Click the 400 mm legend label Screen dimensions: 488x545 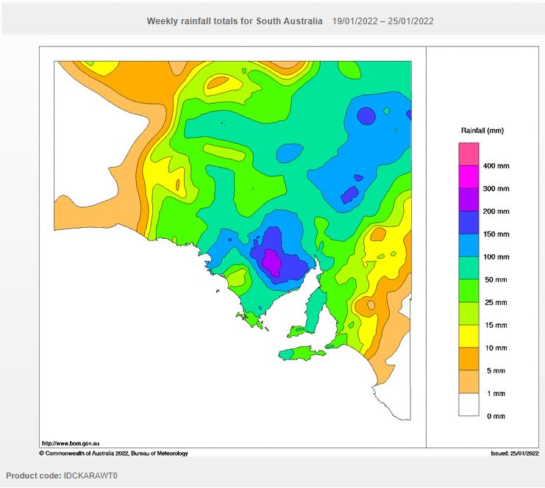click(495, 166)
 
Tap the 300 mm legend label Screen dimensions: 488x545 click(495, 189)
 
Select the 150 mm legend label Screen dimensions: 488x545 click(495, 234)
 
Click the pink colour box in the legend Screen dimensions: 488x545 click(469, 154)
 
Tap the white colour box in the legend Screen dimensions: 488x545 click(469, 405)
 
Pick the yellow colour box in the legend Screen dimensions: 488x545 click(469, 337)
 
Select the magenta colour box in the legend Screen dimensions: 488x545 click(469, 177)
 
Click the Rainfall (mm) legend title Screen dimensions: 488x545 click(482, 131)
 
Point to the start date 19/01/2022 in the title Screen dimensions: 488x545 click(355, 21)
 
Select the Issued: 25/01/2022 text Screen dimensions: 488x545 click(515, 453)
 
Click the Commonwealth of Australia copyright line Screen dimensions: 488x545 click(113, 453)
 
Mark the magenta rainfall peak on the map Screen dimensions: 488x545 click(272, 262)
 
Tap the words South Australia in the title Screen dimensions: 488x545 click(289, 21)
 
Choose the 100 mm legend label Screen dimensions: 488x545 click(495, 257)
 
